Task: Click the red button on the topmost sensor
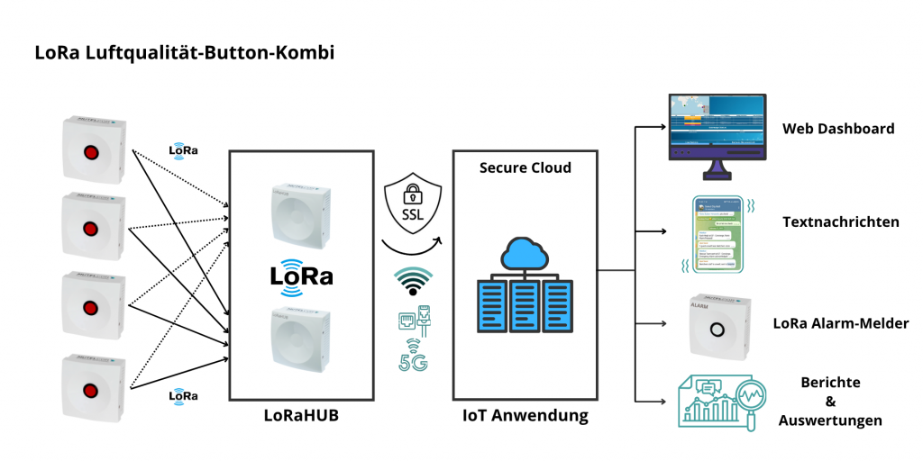tap(91, 151)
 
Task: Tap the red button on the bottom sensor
tap(91, 390)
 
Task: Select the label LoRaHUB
tap(300, 416)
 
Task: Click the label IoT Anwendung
tap(525, 416)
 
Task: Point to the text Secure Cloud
tap(525, 167)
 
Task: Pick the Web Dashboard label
tap(837, 129)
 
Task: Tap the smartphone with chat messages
tap(717, 234)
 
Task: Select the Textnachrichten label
tap(840, 221)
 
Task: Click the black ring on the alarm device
tap(717, 330)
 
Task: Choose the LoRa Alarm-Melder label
tap(841, 323)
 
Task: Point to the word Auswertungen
tap(830, 420)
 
